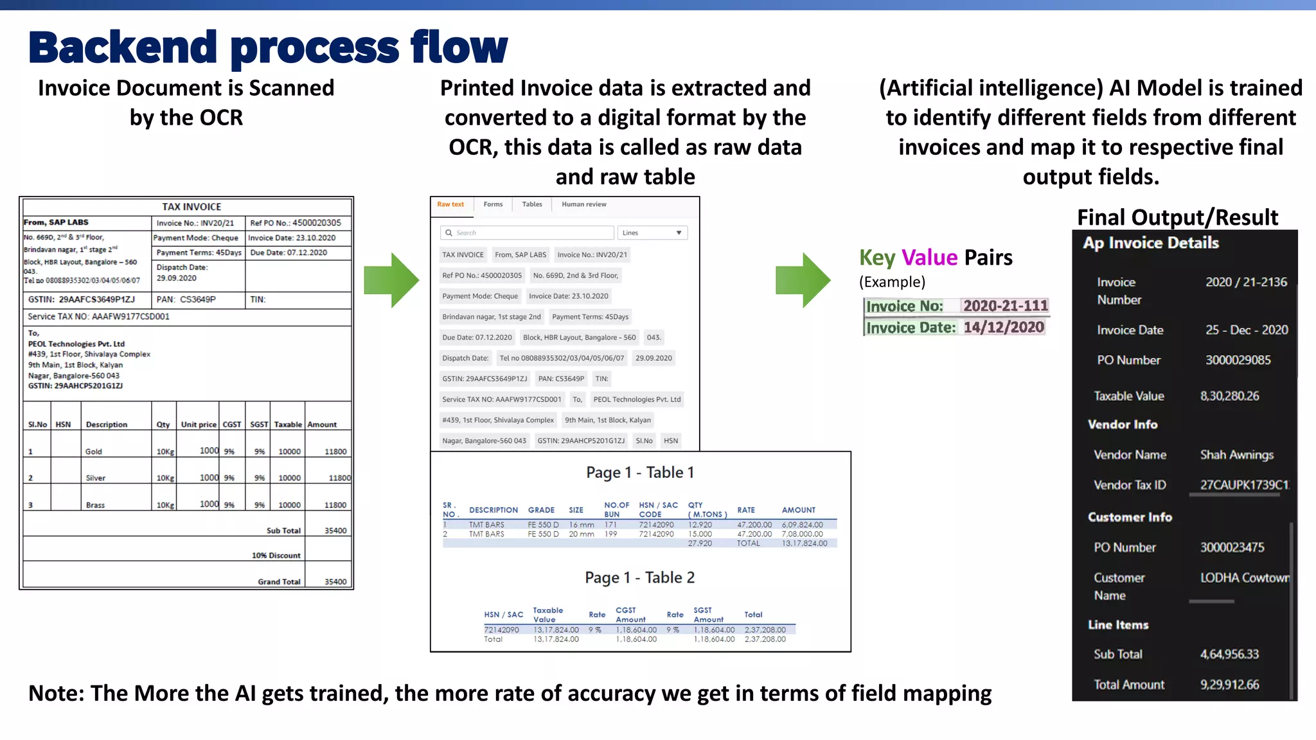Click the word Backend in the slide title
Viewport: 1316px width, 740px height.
pos(123,48)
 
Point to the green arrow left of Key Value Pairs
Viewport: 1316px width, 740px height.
pos(803,280)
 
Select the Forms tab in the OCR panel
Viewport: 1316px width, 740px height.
pos(493,204)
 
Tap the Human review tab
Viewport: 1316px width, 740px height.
pos(583,204)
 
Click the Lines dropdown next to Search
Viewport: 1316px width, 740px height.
pos(652,233)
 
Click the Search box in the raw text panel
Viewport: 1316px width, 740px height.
pos(527,233)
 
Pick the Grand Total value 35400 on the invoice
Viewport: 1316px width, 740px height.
pos(335,581)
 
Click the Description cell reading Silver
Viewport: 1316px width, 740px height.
pos(96,478)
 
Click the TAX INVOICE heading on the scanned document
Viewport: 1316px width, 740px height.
pos(191,207)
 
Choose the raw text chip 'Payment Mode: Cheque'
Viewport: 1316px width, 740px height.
pos(480,296)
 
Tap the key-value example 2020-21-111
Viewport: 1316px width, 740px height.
pos(1005,306)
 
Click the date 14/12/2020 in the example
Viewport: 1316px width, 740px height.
pos(1004,328)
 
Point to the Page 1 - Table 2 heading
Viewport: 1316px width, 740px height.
pos(639,577)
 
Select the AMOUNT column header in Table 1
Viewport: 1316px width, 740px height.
pos(798,510)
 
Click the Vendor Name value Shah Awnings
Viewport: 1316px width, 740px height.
pos(1236,455)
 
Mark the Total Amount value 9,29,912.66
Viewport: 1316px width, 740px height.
pos(1229,685)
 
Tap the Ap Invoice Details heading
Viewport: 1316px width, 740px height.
pos(1150,243)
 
